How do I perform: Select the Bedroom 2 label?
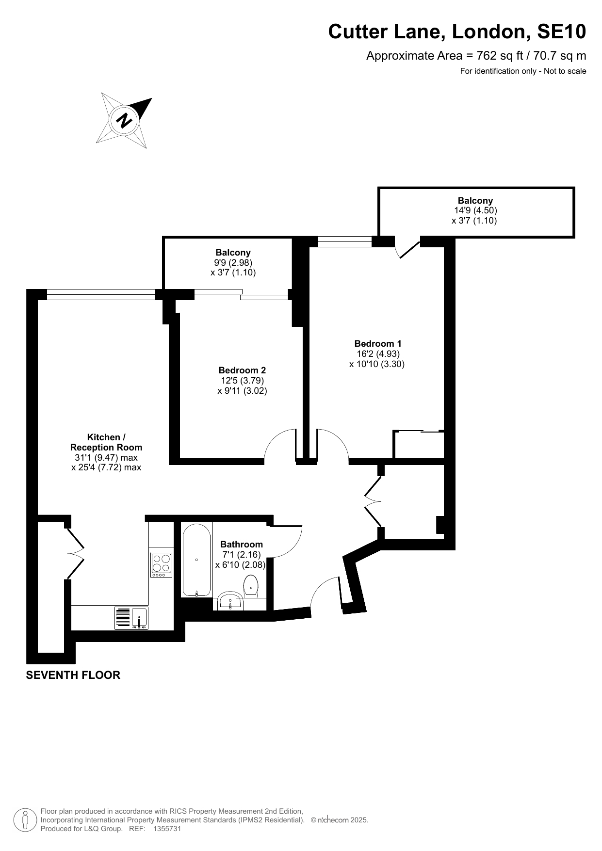[x=242, y=370]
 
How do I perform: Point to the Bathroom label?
[x=242, y=544]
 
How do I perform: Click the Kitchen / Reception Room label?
[x=106, y=442]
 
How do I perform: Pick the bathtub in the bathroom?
[x=196, y=560]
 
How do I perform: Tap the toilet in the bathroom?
[x=251, y=586]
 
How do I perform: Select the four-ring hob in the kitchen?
[x=161, y=565]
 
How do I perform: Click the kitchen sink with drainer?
[x=131, y=618]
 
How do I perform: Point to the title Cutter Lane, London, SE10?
[x=457, y=32]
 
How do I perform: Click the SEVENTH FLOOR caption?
[x=73, y=675]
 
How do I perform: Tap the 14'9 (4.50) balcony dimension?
[x=475, y=210]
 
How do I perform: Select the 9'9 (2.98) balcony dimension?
[x=233, y=262]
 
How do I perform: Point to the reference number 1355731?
[x=167, y=829]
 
